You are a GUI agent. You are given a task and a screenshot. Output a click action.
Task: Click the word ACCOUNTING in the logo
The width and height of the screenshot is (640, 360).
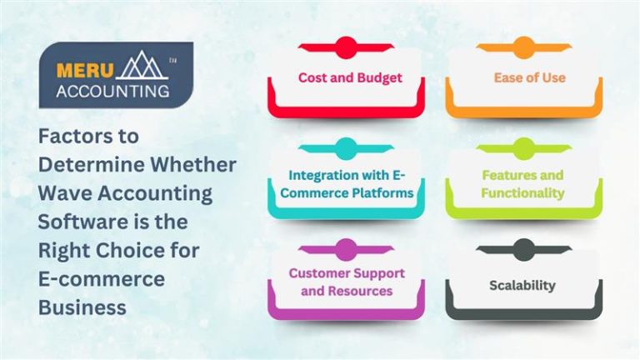[x=112, y=90]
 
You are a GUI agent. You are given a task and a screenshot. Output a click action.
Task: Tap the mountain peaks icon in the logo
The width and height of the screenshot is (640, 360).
[x=139, y=67]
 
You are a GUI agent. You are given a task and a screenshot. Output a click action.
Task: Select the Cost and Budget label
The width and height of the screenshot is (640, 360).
[x=350, y=77]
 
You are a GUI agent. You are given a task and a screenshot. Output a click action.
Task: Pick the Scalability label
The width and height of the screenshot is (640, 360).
[x=522, y=285]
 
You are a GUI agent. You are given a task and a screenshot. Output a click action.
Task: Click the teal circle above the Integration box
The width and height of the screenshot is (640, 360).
[x=346, y=149]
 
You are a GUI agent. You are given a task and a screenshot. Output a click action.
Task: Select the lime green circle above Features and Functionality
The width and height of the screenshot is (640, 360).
[x=524, y=149]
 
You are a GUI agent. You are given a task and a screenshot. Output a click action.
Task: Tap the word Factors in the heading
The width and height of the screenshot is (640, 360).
[x=77, y=135]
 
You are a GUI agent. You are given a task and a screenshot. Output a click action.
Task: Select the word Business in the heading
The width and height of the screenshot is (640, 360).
[x=82, y=307]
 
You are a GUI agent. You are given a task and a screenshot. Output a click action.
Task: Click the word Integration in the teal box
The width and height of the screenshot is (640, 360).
[x=326, y=176]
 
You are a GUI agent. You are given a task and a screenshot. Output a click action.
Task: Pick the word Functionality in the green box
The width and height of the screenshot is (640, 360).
[x=522, y=193]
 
